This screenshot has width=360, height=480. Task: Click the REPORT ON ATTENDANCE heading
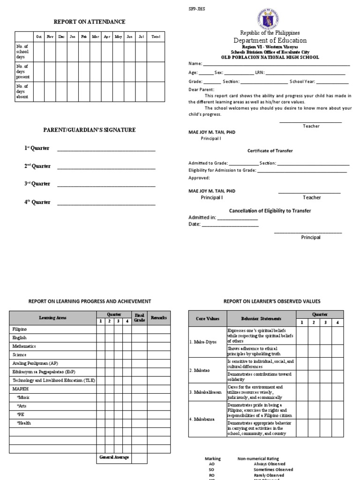pyautogui.click(x=90, y=22)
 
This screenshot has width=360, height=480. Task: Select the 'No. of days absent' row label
pyautogui.click(x=22, y=91)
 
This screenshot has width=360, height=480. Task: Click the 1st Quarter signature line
pyautogui.click(x=106, y=150)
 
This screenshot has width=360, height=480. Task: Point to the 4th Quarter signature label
pyautogui.click(x=37, y=202)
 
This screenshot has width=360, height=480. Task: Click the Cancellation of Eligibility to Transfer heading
pyautogui.click(x=270, y=211)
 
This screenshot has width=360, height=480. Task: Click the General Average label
pyautogui.click(x=114, y=457)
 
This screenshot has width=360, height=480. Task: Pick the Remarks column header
pyautogui.click(x=158, y=318)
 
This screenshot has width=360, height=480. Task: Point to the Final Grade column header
pyautogui.click(x=139, y=318)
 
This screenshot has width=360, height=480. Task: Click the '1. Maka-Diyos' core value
pyautogui.click(x=203, y=342)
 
